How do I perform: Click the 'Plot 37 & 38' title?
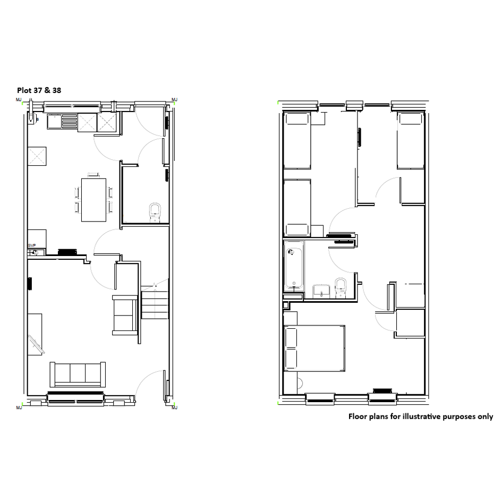(39, 90)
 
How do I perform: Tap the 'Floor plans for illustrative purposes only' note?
(421, 416)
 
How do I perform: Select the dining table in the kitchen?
(94, 200)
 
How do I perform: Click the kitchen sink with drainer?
(63, 122)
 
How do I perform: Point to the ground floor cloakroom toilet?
(155, 212)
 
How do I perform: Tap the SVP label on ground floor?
(32, 245)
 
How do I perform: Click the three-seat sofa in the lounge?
(78, 375)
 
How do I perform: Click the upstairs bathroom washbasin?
(321, 291)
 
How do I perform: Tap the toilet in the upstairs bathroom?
(341, 288)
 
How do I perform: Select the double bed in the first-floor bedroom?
(314, 348)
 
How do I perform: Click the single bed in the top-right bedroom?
(411, 140)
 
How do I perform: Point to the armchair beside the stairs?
(125, 316)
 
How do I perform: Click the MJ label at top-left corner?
(19, 100)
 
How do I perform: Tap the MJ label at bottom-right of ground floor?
(174, 407)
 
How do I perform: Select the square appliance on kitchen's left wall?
(37, 156)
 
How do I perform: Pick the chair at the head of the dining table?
(94, 174)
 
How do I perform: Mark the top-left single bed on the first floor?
(297, 140)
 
